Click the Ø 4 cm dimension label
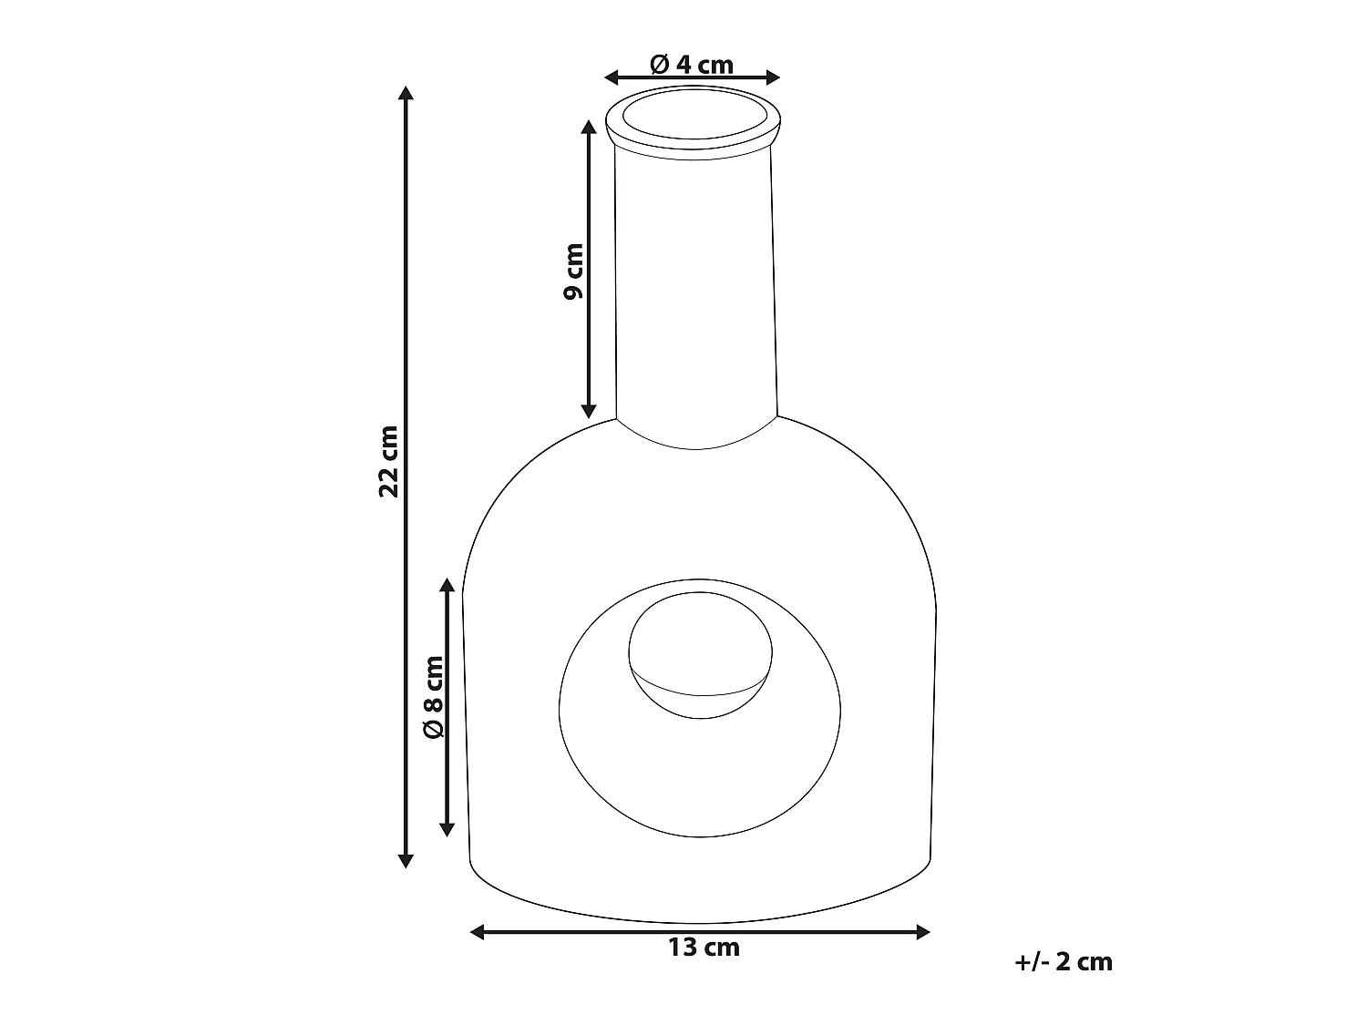pos(692,65)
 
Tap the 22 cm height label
pos(389,460)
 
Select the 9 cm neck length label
pos(572,271)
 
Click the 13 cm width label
pos(704,948)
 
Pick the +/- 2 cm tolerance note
pos(1063,961)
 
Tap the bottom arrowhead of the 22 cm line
pos(406,861)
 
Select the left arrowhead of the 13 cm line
pos(476,931)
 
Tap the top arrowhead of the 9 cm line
pos(589,126)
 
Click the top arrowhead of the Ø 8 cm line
pos(447,584)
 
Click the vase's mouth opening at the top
pos(694,117)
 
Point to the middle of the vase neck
pos(697,282)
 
